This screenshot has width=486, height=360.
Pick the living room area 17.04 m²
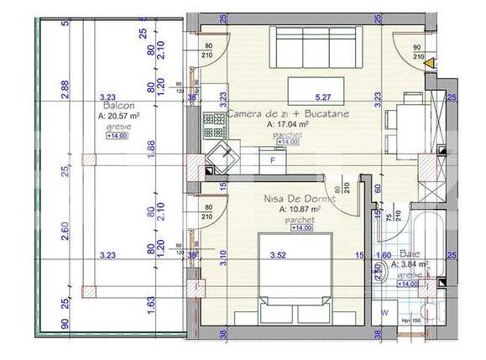pyautogui.click(x=288, y=123)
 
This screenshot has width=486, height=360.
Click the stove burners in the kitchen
pyautogui.click(x=213, y=128)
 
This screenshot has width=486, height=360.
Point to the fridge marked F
pyautogui.click(x=273, y=159)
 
